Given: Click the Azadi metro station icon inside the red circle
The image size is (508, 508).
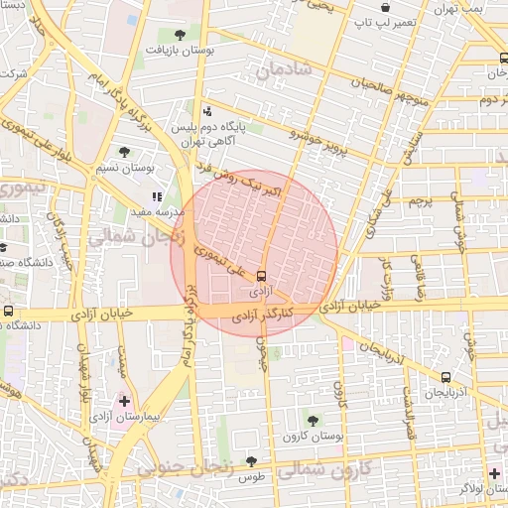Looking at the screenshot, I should (261, 275).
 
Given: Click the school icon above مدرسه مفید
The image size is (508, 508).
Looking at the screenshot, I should (157, 196).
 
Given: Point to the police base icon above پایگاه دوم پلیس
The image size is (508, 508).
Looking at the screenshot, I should (207, 111).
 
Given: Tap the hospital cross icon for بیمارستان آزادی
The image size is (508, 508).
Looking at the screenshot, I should (124, 402).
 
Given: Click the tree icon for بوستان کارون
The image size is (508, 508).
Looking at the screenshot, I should (314, 420).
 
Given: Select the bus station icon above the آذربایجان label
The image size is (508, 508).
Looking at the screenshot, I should (445, 377).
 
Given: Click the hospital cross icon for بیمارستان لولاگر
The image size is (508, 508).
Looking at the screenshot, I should (494, 472).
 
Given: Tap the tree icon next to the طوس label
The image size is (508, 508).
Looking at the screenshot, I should (251, 462).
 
